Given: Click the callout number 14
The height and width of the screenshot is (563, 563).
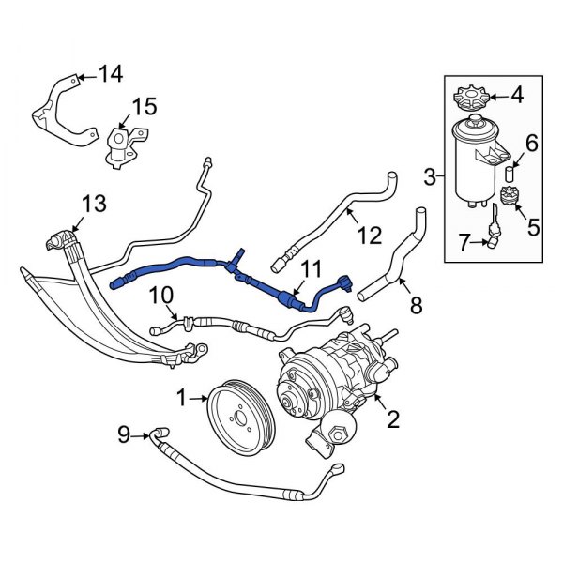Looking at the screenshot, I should (x=111, y=73).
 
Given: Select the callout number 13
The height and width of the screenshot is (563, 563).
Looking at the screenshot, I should (x=95, y=203).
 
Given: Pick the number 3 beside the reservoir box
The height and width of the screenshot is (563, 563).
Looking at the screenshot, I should (x=429, y=175).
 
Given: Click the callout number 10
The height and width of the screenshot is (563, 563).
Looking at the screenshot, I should (x=162, y=297).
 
